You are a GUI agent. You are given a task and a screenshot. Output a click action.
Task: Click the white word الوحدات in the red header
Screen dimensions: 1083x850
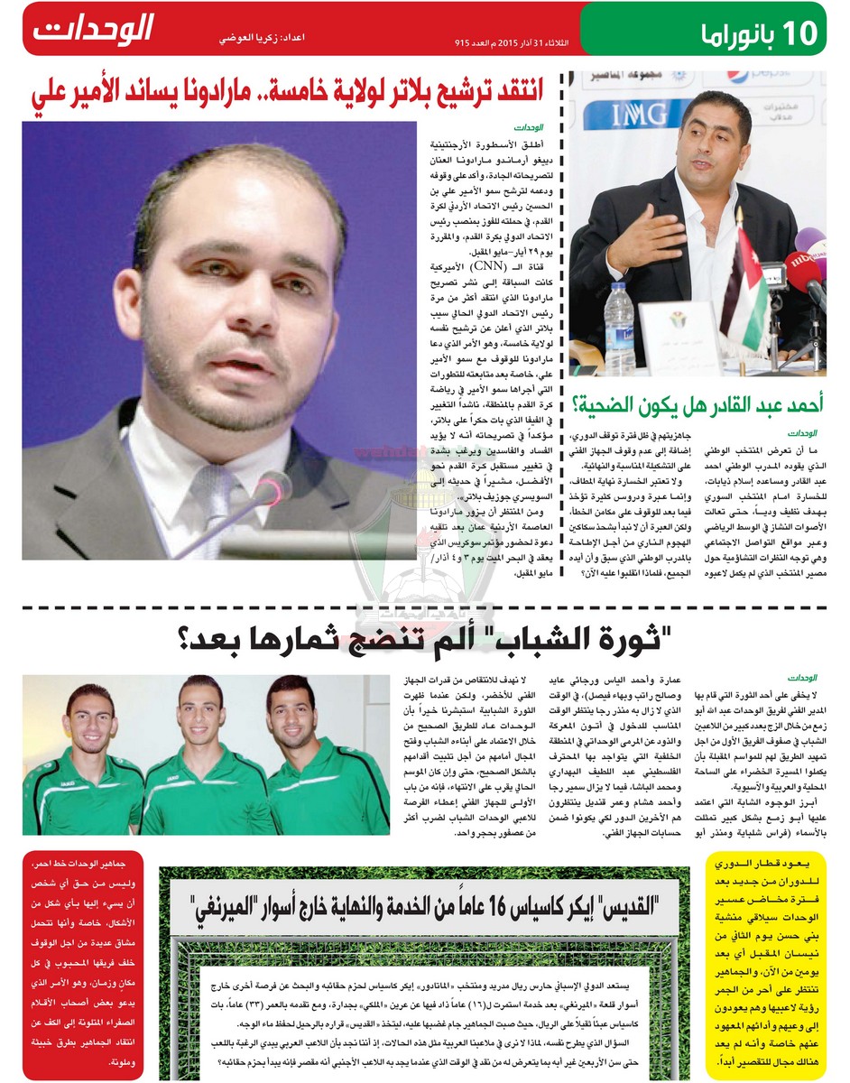[94, 29]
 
